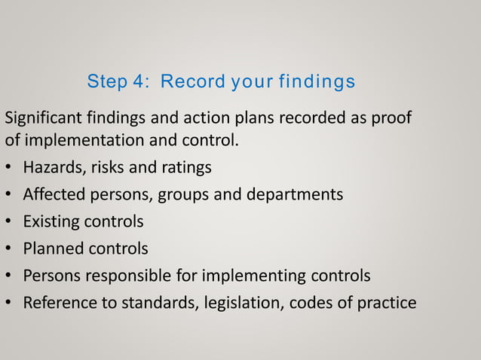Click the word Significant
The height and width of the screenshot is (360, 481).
coord(42,120)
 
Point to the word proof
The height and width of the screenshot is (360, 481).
coord(393,120)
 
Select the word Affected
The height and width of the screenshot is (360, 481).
coord(51,194)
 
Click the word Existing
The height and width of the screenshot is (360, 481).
coord(51,222)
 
